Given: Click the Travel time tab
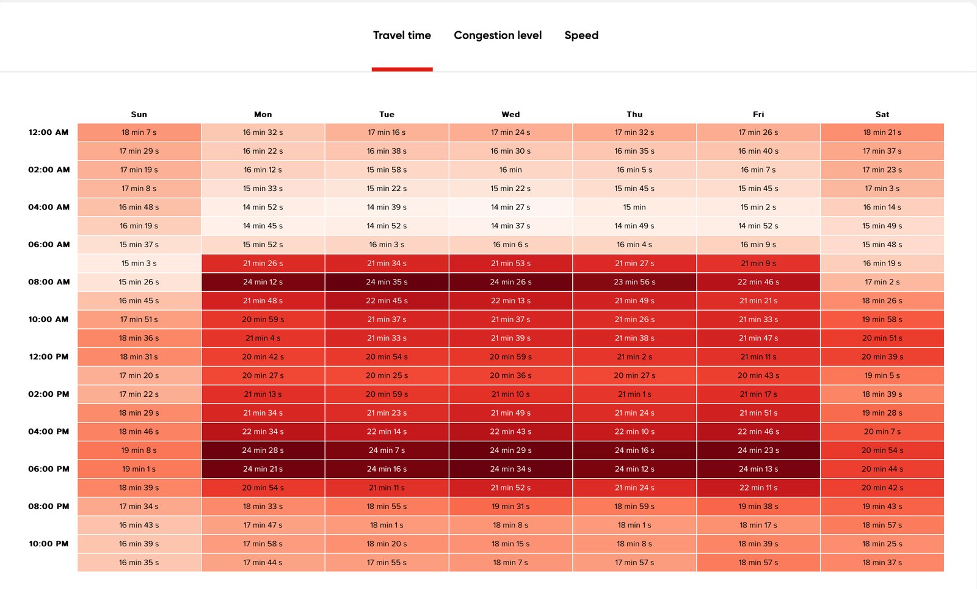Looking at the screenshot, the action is click(x=402, y=35).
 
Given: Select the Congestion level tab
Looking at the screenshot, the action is click(x=498, y=35).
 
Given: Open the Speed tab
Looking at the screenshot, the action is click(x=581, y=35).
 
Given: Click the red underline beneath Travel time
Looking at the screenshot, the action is click(x=402, y=70).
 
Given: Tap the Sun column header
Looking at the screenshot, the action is click(x=139, y=114).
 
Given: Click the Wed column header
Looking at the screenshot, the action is click(x=510, y=114).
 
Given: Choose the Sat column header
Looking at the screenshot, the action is click(x=882, y=114).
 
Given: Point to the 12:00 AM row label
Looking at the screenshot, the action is click(x=48, y=132).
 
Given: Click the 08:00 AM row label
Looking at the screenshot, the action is click(x=49, y=281).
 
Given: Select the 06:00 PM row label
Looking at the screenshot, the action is click(x=49, y=469).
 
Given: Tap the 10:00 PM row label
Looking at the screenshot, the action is click(x=49, y=544).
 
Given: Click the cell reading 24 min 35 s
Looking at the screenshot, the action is click(x=387, y=282).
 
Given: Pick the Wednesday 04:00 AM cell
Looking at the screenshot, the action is click(x=510, y=207).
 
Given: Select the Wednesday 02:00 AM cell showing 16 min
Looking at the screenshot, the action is click(x=510, y=170).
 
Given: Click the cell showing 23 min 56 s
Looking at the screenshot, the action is click(x=634, y=282).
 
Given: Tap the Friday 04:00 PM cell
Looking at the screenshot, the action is click(x=758, y=432).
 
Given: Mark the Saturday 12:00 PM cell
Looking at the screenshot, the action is click(x=882, y=356).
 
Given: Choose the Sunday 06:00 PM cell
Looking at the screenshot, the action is click(x=139, y=469).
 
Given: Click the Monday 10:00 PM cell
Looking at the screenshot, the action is click(x=263, y=544).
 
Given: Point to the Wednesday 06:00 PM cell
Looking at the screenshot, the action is click(x=510, y=469).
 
